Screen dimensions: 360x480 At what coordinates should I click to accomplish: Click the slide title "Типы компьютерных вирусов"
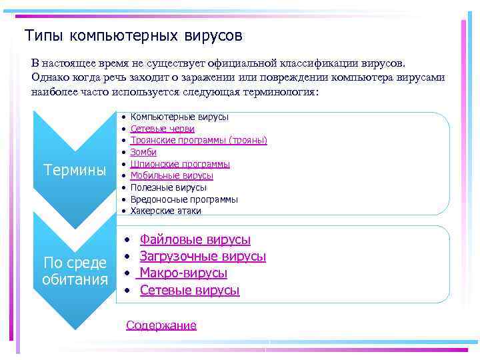click(x=133, y=34)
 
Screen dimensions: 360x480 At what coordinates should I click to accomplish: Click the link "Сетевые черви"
click(x=163, y=129)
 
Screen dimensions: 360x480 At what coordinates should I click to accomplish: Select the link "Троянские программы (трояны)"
click(x=199, y=141)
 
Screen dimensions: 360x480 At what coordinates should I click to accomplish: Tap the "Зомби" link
click(x=143, y=152)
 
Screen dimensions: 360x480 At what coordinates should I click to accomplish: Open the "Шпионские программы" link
click(x=180, y=164)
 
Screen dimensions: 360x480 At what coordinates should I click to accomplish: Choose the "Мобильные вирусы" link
click(x=171, y=176)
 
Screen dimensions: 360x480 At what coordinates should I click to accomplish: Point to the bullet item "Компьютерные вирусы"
click(x=179, y=117)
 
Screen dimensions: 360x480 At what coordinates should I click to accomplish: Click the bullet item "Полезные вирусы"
click(x=168, y=188)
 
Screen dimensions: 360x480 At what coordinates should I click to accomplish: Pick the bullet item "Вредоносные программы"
click(x=183, y=199)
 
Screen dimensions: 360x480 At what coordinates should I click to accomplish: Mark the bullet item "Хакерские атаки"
click(x=165, y=211)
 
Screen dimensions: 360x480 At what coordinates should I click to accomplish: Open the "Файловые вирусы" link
click(x=195, y=239)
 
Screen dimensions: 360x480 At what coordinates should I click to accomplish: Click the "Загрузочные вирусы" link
click(x=203, y=256)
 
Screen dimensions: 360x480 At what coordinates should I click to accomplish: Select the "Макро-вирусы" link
click(x=183, y=273)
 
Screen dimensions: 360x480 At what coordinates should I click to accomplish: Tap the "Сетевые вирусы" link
click(x=189, y=290)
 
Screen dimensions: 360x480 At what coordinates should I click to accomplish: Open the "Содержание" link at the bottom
click(x=161, y=325)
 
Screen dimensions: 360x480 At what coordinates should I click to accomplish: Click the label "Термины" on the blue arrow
click(x=75, y=170)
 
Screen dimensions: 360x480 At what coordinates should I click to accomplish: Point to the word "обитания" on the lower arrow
click(x=75, y=279)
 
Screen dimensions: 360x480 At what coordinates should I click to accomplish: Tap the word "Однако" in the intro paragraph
click(x=49, y=77)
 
